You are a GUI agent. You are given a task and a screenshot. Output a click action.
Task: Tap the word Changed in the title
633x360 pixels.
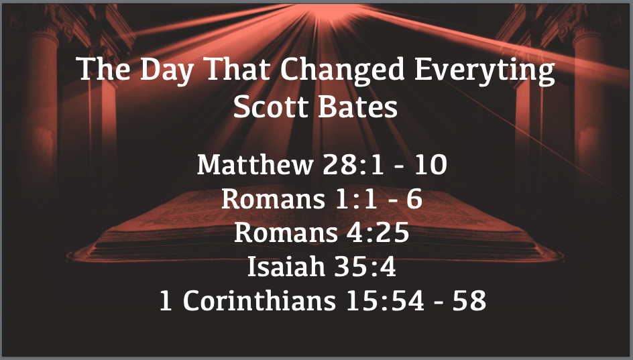(x=343, y=70)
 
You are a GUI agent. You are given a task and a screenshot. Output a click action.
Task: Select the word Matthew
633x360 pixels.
(x=255, y=164)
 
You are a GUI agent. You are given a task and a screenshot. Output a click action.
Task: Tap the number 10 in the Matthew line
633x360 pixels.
(x=430, y=165)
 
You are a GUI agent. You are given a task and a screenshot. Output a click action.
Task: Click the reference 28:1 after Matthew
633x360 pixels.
(x=353, y=165)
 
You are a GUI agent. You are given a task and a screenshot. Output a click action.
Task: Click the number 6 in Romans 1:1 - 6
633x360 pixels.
(x=414, y=198)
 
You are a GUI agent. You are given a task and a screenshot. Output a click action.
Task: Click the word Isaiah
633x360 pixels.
(x=286, y=266)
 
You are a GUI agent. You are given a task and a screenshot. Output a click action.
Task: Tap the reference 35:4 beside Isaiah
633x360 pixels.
(x=365, y=266)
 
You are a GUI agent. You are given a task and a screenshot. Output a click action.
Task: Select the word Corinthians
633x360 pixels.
(x=260, y=301)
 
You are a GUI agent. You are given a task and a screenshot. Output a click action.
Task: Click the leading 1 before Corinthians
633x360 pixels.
(x=166, y=301)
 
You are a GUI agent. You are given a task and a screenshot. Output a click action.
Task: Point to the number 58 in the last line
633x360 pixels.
(x=469, y=301)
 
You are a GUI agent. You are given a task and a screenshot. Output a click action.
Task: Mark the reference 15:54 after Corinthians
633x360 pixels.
(x=385, y=301)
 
